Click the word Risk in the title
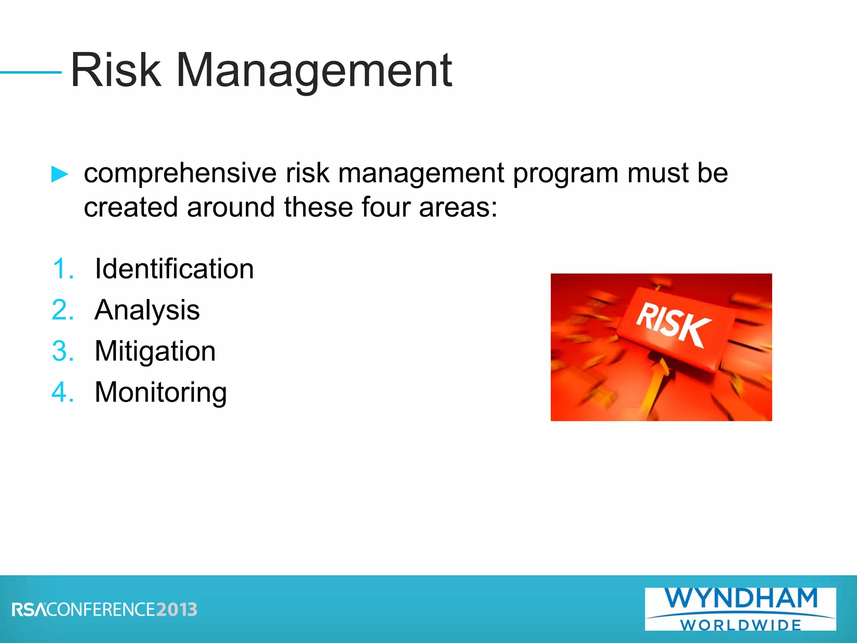pos(116,70)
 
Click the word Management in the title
pos(314,71)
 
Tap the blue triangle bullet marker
pos(59,174)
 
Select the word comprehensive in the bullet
pos(180,173)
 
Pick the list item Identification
pos(174,268)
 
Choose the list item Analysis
pos(147,310)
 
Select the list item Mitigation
pos(155,351)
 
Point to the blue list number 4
pos(63,392)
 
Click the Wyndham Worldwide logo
pos(740,609)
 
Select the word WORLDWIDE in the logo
pos(740,625)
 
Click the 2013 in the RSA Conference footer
pos(177,610)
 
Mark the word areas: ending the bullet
pos(458,207)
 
